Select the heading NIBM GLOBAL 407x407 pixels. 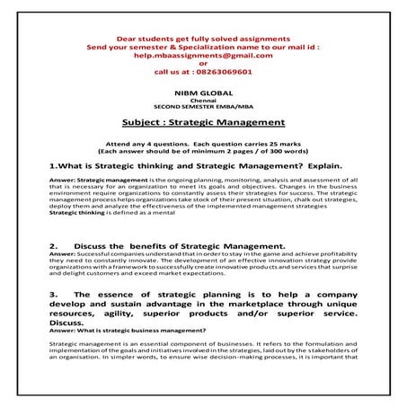(x=203, y=93)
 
